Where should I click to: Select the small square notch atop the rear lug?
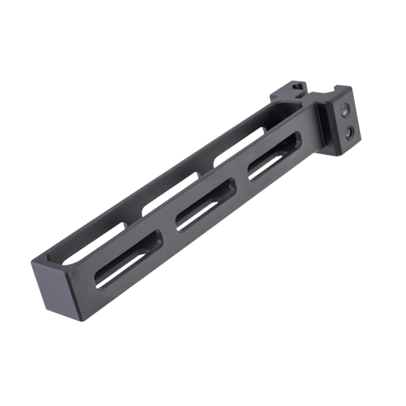coord(299,86)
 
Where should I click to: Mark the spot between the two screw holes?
coord(347,120)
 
